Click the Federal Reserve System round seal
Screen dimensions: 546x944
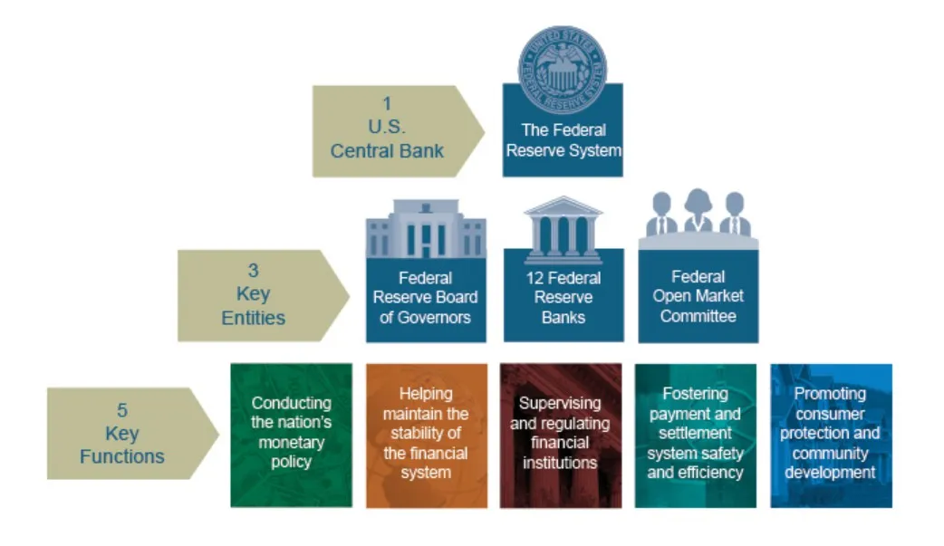563,62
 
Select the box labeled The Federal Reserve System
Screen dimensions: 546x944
563,140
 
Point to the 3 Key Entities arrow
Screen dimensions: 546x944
255,295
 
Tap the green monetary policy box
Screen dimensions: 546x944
291,435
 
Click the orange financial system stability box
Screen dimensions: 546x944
426,435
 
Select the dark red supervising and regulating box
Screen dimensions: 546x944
561,435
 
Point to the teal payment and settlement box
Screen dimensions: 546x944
696,435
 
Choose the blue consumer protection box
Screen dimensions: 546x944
831,435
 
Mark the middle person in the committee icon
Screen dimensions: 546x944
698,210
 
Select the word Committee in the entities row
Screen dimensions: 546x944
698,316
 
